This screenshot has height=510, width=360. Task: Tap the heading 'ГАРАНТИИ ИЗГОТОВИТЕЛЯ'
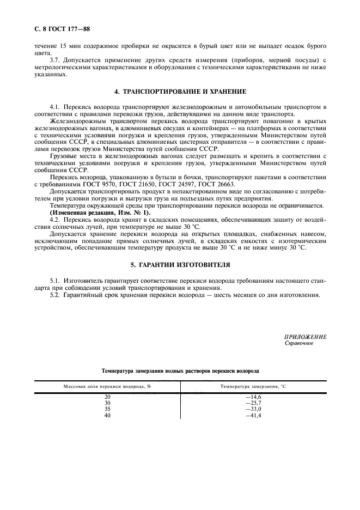[x=186, y=265]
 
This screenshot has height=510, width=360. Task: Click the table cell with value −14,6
[x=253, y=397]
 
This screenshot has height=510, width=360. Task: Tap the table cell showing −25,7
[x=253, y=403]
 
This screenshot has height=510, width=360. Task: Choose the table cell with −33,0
[x=253, y=409]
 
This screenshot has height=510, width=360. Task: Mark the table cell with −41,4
[x=253, y=415]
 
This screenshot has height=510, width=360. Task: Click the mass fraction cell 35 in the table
[x=107, y=409]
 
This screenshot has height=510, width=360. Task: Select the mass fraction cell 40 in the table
[x=107, y=415]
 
